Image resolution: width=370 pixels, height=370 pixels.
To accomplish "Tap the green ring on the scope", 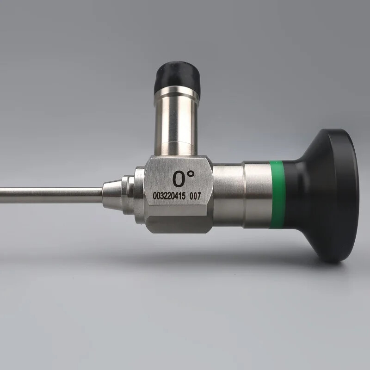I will pyautogui.click(x=277, y=195).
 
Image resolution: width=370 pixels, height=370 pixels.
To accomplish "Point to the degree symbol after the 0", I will pyautogui.click(x=191, y=174).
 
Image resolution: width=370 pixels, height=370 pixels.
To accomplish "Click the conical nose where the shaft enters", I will pyautogui.click(x=111, y=195).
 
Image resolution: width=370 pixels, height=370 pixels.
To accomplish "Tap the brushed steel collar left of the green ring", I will pyautogui.click(x=257, y=194).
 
